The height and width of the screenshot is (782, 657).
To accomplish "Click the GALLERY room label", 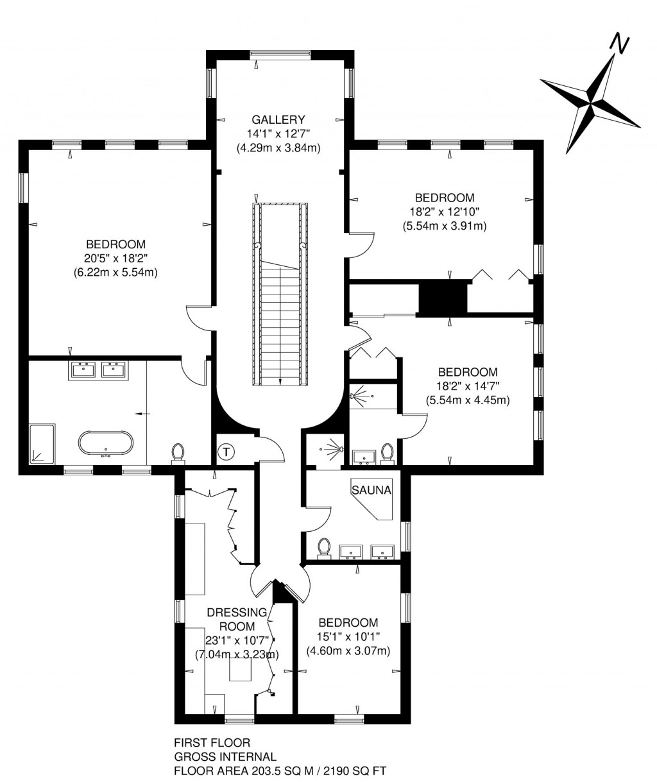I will pos(278,119).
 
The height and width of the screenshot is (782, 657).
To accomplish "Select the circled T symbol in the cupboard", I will pos(226,452).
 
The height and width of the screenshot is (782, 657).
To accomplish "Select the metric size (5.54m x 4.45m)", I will pos(467,400).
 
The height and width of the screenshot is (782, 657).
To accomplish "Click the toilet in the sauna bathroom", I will pos(325,548).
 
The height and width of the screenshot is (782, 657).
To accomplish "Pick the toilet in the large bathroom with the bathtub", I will pos(179,453).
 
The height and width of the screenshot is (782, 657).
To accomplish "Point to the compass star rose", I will pos(590,101).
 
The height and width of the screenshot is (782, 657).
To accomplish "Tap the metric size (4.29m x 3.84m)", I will pos(278,148).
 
